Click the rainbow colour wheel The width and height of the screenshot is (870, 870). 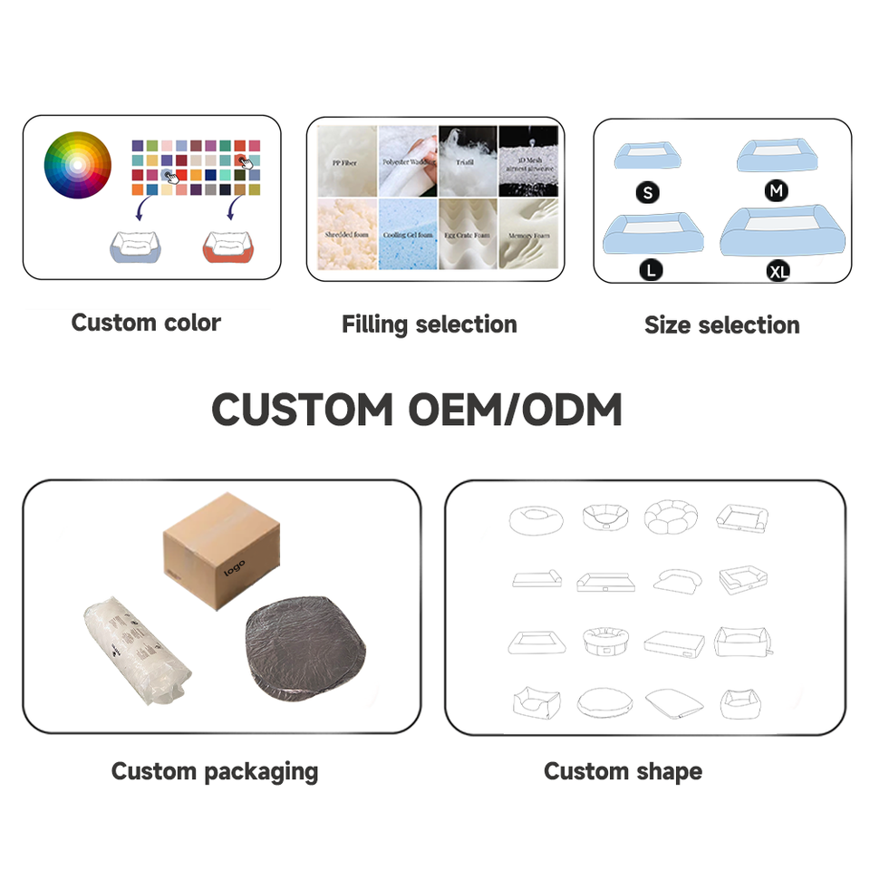point(77,165)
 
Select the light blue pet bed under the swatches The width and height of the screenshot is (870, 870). point(138,246)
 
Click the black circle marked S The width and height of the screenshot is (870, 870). point(648,192)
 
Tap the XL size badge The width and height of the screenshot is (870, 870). point(778,270)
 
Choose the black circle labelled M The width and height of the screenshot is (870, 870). point(777,191)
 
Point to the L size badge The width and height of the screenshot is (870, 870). point(650,269)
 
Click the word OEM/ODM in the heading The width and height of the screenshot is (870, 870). point(514,411)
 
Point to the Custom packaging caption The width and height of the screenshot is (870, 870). point(215,771)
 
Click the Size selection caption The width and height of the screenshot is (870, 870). point(721,325)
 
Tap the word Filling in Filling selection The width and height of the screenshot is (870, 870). point(374,324)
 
